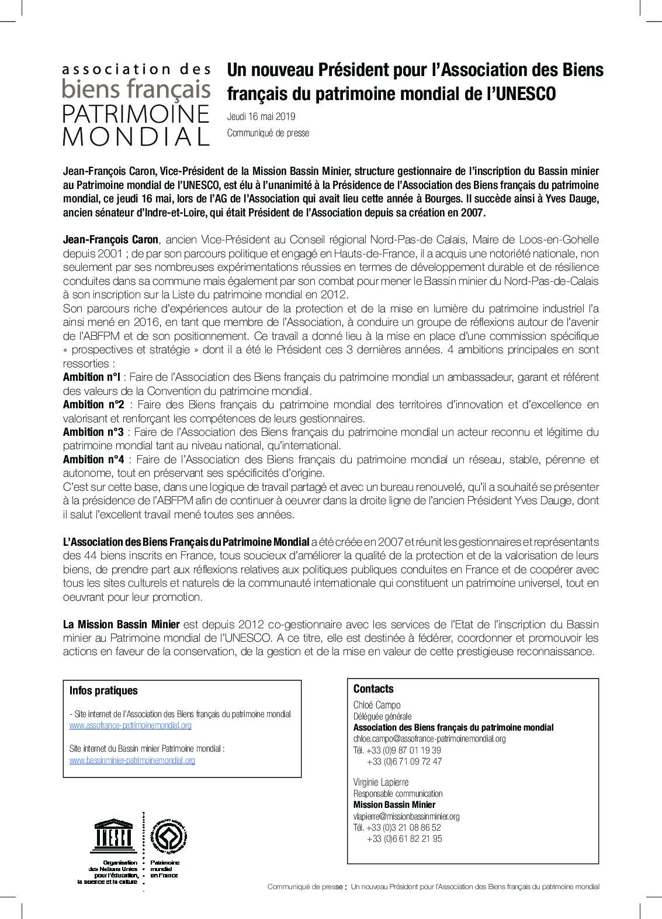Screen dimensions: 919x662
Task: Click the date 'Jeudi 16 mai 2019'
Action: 261,117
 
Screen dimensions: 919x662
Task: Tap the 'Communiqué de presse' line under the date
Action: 268,133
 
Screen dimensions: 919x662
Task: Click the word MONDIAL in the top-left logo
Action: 136,136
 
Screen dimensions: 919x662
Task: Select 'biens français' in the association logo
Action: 136,89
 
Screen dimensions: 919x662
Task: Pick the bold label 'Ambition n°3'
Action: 93,432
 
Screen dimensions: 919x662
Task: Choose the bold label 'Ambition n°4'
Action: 93,460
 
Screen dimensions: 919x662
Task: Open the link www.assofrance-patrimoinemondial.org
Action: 130,725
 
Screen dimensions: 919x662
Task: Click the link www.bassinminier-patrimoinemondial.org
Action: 132,760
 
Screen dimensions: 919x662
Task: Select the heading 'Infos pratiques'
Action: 103,691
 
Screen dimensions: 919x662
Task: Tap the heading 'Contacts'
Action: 373,689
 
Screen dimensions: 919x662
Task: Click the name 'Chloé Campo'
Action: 377,705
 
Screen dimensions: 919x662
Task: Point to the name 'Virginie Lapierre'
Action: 381,782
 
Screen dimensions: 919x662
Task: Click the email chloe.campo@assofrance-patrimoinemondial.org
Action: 429,739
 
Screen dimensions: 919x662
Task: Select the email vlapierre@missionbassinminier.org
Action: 407,816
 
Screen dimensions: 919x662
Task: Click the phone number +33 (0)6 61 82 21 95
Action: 404,838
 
